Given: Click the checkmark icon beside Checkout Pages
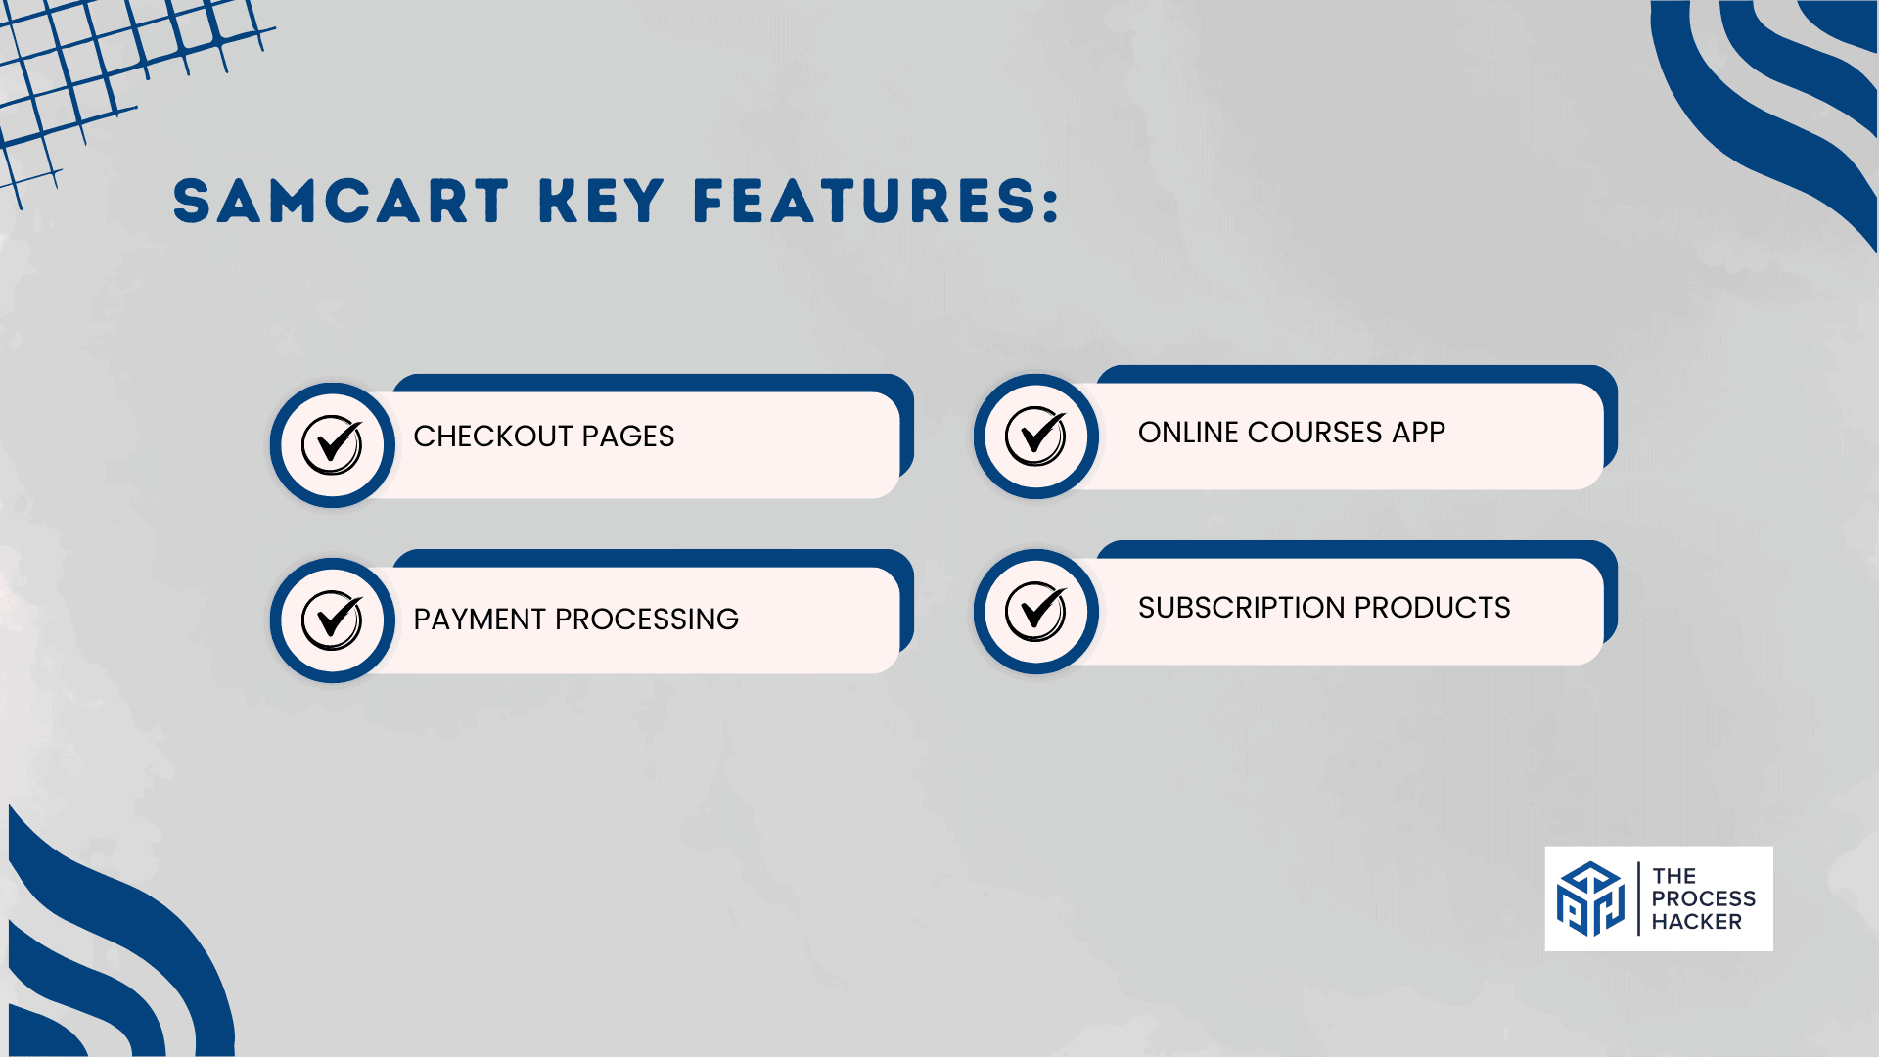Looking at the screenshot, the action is [333, 444].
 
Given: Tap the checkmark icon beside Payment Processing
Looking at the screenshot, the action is [333, 620].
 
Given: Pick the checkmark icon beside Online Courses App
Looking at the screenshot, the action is [1036, 436].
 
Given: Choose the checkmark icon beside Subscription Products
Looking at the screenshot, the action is [1036, 611].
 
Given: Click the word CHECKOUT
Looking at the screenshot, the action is [493, 436].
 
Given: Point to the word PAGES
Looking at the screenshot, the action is [628, 436].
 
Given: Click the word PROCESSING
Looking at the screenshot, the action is [647, 619].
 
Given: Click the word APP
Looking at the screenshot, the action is [1419, 432].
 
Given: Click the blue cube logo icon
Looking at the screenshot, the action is [1590, 898].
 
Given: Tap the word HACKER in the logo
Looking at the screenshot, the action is [1697, 922].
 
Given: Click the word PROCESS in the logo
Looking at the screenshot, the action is [1704, 898].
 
